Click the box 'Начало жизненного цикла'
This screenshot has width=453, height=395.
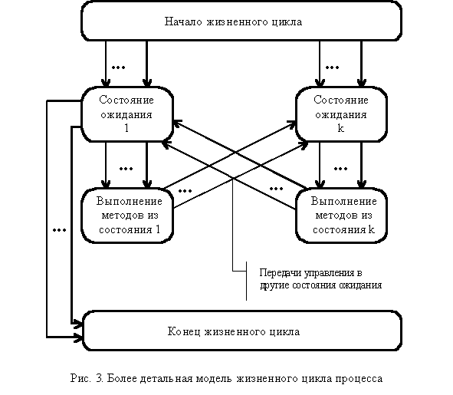point(241,21)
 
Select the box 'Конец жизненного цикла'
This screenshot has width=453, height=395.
point(242,331)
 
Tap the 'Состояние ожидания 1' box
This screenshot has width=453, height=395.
point(127,114)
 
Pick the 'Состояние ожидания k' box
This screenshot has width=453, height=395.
point(341,114)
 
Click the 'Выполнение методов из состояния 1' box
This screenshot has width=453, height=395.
point(127,216)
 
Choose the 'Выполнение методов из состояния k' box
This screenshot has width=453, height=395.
point(341,216)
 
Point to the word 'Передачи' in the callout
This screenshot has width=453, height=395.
point(281,273)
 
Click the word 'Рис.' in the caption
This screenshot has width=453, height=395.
point(80,378)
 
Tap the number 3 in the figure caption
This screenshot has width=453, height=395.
point(100,378)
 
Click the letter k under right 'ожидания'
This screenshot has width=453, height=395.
point(341,128)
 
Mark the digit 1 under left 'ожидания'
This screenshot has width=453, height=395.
point(126,128)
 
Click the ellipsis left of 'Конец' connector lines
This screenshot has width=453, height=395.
point(59,230)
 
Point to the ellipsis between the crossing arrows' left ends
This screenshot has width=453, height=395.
point(185,191)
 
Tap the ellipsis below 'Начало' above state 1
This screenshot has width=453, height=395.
point(119,67)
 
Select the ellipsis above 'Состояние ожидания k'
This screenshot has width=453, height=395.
point(332,67)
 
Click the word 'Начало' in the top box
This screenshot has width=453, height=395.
point(183,21)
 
